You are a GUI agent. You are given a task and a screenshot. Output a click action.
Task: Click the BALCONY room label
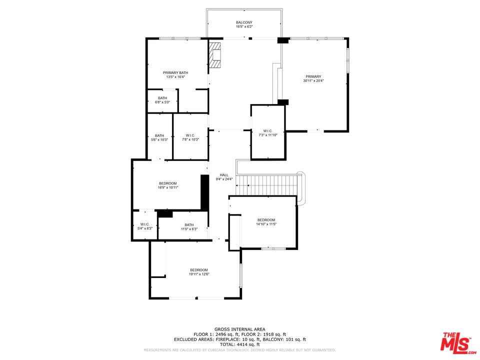click(x=244, y=22)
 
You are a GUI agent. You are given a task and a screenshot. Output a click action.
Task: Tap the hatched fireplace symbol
click(x=214, y=55)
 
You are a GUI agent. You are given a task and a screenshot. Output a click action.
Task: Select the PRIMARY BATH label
click(x=175, y=73)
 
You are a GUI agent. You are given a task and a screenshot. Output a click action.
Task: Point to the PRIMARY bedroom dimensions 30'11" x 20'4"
click(x=313, y=81)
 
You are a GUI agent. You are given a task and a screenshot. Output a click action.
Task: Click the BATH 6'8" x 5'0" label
click(x=162, y=100)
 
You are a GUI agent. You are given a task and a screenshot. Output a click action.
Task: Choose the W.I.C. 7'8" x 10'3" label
click(x=190, y=137)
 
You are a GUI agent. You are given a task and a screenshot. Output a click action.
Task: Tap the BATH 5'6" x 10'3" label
click(x=159, y=137)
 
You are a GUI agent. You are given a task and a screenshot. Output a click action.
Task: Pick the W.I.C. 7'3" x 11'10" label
click(x=268, y=133)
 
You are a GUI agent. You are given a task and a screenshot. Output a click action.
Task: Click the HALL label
click(x=224, y=175)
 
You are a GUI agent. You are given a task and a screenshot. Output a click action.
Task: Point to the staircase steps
click(x=267, y=185)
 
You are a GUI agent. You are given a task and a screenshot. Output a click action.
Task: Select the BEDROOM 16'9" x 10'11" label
click(x=168, y=185)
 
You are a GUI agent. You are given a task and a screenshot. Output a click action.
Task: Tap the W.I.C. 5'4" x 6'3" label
click(x=145, y=226)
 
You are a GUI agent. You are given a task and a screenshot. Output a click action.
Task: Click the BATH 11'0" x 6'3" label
click(x=189, y=227)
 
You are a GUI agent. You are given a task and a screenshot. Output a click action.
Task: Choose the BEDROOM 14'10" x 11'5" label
click(x=266, y=222)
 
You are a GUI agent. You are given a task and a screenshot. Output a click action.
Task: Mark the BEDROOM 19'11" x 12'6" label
click(x=199, y=272)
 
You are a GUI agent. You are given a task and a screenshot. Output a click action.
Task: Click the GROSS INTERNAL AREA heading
click(x=239, y=329)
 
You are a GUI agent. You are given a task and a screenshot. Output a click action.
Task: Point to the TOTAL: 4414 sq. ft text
click(x=239, y=344)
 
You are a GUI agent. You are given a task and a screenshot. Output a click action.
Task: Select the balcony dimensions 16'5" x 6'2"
click(x=244, y=26)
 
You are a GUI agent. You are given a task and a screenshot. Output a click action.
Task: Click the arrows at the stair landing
click(x=242, y=185)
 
